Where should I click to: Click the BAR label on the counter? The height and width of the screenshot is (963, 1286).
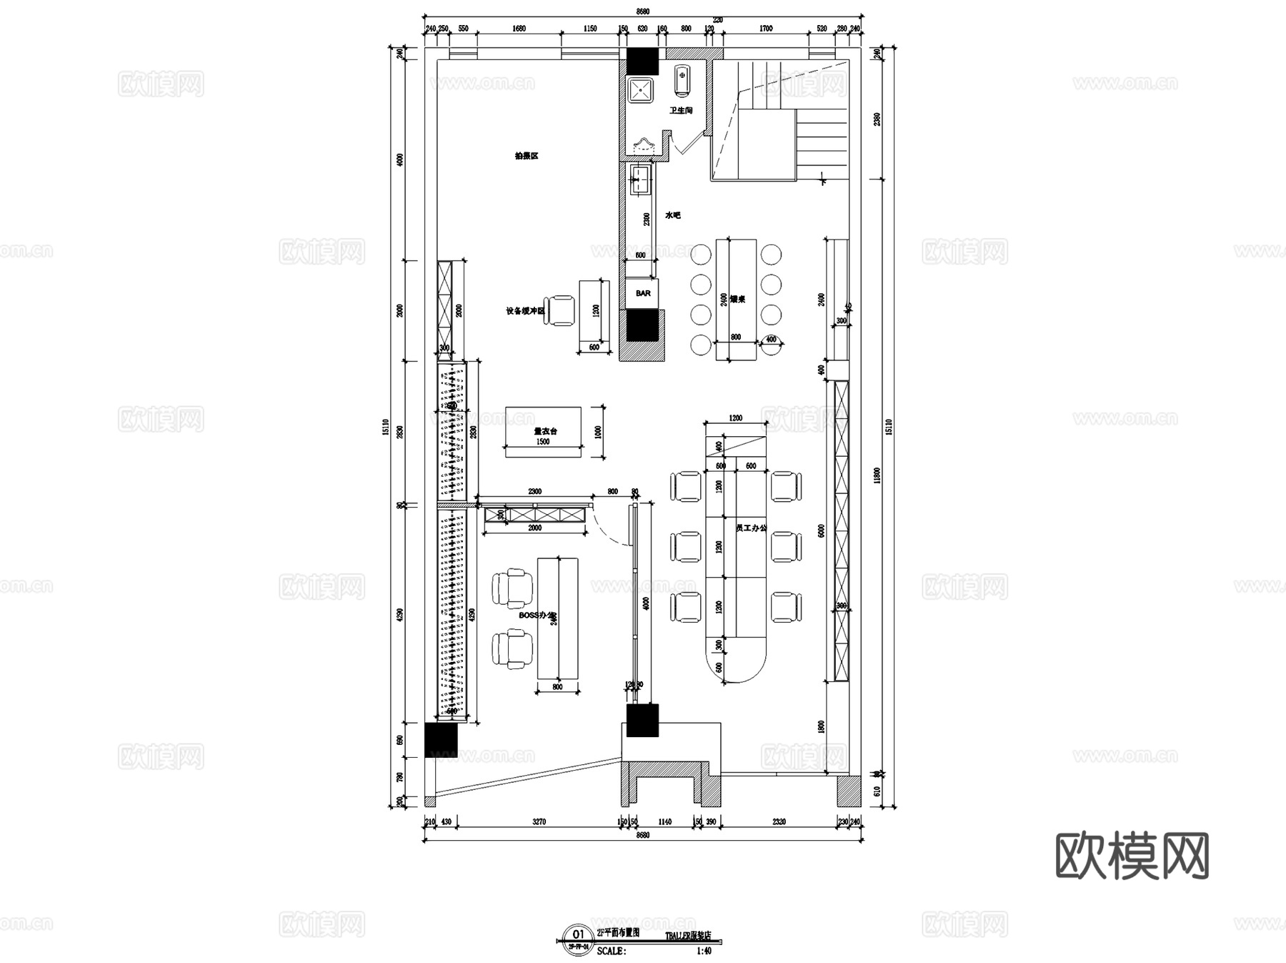(x=643, y=293)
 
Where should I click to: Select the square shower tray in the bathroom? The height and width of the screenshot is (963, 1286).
(x=640, y=90)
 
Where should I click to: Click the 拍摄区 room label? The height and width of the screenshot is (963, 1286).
(x=526, y=156)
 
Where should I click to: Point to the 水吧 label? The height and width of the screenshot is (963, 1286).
(x=672, y=214)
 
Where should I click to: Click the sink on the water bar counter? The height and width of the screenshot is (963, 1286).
(x=641, y=179)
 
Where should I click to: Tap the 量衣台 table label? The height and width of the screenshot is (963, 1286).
(x=545, y=431)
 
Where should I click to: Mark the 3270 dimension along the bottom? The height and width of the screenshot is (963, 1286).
(x=539, y=822)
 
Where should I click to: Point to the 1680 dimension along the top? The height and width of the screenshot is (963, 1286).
(x=519, y=29)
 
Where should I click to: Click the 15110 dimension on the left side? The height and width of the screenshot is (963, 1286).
(x=385, y=428)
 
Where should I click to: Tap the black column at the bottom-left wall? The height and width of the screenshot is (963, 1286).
(x=440, y=740)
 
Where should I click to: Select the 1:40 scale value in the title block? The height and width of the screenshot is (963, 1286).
(x=704, y=951)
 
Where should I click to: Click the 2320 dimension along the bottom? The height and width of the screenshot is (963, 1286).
(x=779, y=822)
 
